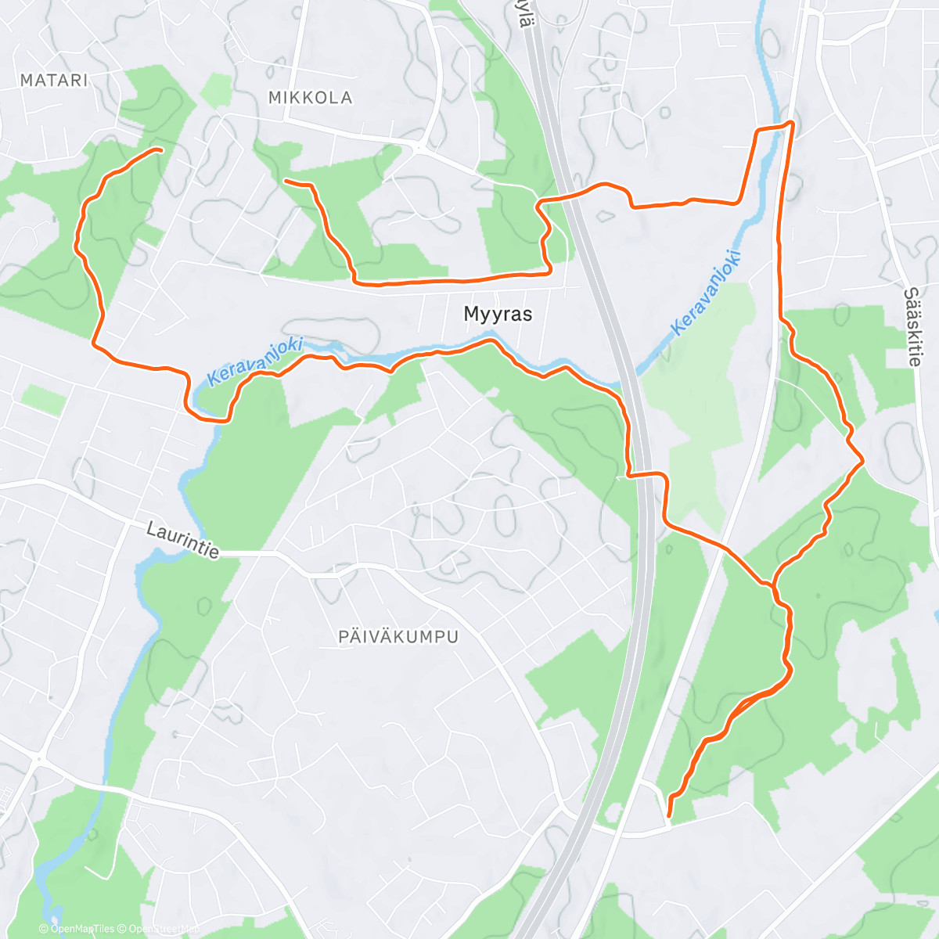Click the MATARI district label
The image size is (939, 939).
pyautogui.click(x=54, y=80)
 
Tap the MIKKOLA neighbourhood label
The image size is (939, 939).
pyautogui.click(x=310, y=98)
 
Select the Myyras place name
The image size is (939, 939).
pyautogui.click(x=498, y=314)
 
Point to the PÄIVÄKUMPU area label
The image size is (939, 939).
pyautogui.click(x=398, y=637)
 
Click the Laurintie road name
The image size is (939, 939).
pyautogui.click(x=182, y=541)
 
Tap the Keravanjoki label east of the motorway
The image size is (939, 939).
pyautogui.click(x=705, y=292)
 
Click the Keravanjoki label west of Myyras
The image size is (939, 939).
pyautogui.click(x=255, y=361)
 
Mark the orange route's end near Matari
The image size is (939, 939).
pyautogui.click(x=160, y=149)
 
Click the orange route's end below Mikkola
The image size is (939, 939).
pyautogui.click(x=286, y=182)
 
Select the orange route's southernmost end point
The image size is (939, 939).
pyautogui.click(x=668, y=816)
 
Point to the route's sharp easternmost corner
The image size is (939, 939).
pyautogui.click(x=862, y=462)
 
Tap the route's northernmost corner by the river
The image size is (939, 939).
pyautogui.click(x=792, y=123)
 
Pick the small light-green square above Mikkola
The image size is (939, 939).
pyautogui.click(x=216, y=90)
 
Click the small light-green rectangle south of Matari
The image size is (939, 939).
pyautogui.click(x=44, y=399)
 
